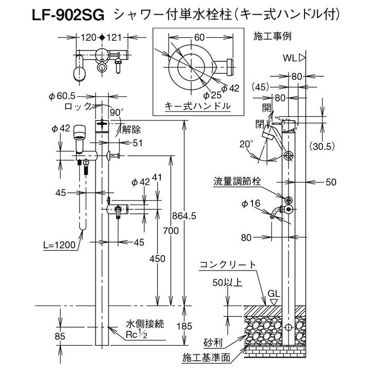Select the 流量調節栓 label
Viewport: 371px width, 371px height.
coord(238,181)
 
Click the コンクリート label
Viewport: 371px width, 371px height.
coord(228,265)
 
